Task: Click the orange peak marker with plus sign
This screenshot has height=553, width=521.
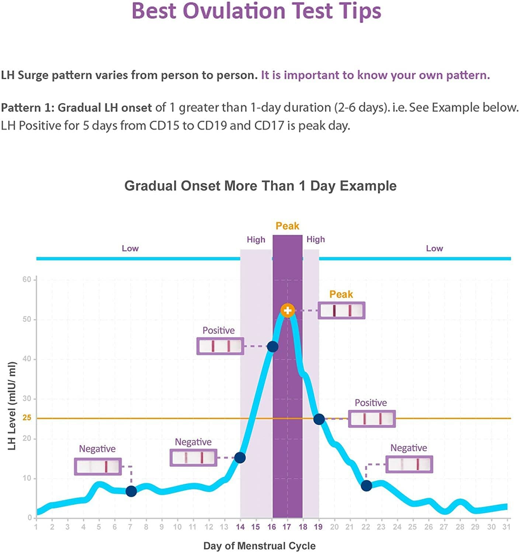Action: pos(287,310)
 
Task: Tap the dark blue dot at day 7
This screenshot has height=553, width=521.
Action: pos(131,491)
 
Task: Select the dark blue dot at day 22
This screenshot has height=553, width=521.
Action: pos(366,486)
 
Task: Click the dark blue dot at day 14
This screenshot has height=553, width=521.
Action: pos(240,458)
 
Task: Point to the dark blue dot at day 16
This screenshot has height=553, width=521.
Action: pos(272,347)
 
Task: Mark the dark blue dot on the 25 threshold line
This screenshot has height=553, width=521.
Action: pos(319,419)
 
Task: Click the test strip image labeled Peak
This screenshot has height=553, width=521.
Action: pos(341,310)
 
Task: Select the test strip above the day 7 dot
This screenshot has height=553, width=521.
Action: pos(98,466)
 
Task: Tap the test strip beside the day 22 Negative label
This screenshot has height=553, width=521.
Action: pos(409,464)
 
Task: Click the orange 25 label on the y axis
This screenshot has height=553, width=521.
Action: pos(27,418)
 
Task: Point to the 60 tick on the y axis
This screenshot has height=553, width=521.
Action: pos(27,279)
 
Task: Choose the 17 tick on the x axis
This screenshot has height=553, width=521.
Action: pos(287,527)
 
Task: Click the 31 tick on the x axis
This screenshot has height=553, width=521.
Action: pos(507,527)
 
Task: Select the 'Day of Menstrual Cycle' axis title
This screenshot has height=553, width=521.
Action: pos(259,546)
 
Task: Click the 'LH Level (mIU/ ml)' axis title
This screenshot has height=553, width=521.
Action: pos(12,406)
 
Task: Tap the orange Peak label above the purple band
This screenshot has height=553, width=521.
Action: pos(287,226)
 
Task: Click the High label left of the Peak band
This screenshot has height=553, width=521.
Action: pos(256,240)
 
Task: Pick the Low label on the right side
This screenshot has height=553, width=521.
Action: pos(434,248)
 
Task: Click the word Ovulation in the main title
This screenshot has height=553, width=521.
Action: pos(234,11)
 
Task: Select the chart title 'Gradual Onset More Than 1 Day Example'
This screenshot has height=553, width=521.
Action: pos(260,186)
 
